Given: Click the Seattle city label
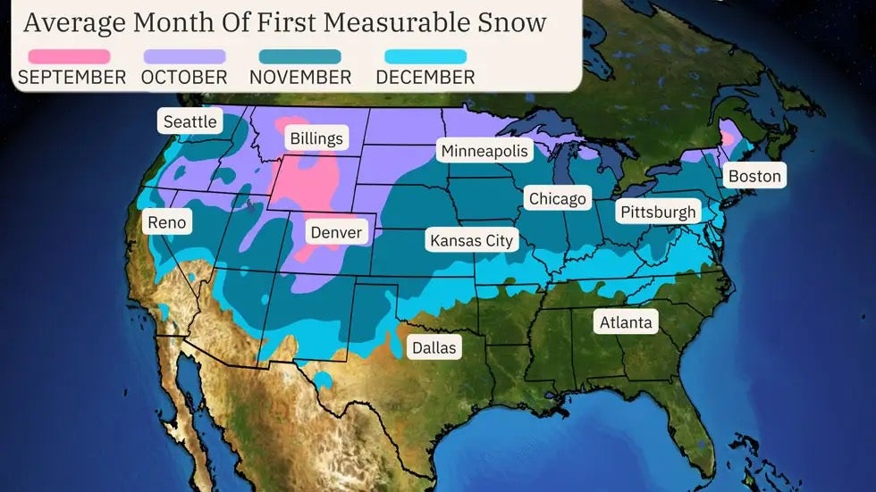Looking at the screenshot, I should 190,121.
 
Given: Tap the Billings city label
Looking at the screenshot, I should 316,138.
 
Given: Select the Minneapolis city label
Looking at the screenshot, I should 484,151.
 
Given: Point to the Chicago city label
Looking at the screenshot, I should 557,198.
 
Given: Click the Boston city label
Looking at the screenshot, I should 754,175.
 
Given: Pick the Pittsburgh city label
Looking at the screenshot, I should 657,213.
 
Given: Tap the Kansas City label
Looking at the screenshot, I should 472,240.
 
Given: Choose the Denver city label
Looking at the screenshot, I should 336,233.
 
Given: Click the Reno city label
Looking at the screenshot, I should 167,221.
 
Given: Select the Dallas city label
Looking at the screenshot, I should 434,347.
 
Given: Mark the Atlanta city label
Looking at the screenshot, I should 626,321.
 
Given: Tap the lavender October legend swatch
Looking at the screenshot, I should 184,56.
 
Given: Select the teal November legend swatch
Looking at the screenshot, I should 300,56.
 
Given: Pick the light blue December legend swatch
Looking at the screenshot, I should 425,56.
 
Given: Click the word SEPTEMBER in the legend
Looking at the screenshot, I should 72,78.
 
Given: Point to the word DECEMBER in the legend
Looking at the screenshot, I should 425,78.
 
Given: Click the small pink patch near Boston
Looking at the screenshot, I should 728,138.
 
